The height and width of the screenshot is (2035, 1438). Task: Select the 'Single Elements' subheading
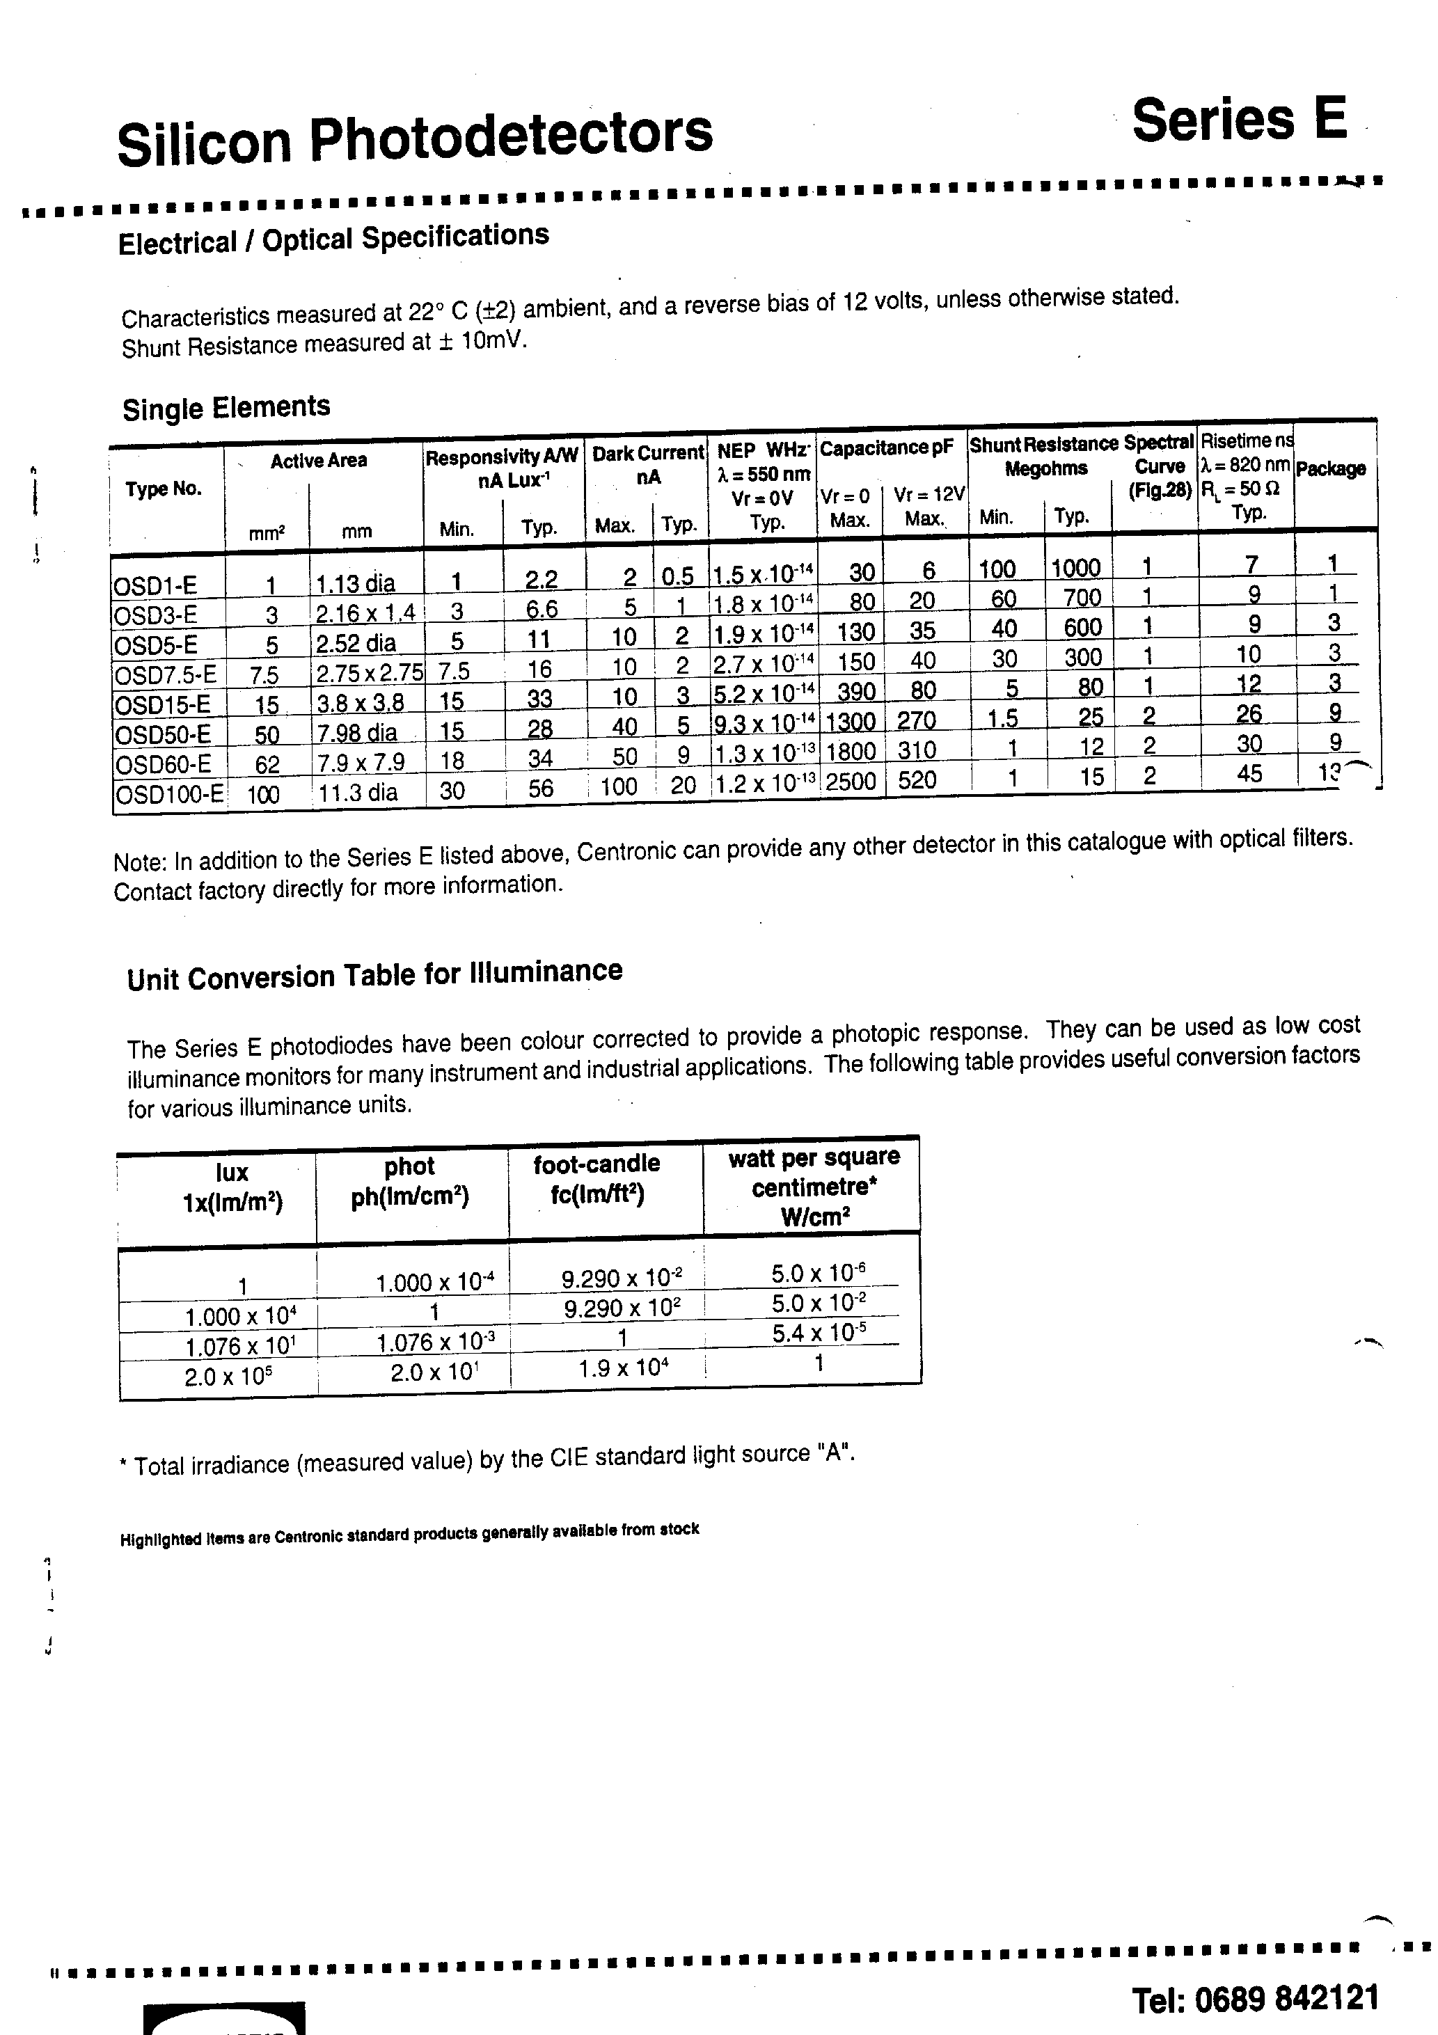tap(226, 408)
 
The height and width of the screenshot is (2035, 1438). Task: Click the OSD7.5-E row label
tap(166, 674)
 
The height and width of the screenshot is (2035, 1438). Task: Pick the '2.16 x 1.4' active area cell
tap(365, 612)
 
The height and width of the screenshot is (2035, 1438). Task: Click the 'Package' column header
tap(1330, 469)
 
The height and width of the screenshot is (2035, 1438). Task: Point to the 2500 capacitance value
tap(851, 782)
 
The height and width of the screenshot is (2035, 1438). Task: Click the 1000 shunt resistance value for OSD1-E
tap(1075, 568)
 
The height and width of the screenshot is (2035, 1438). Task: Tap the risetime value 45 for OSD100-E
tap(1249, 774)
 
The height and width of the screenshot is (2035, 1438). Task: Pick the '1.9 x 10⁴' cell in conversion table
tap(622, 1368)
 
